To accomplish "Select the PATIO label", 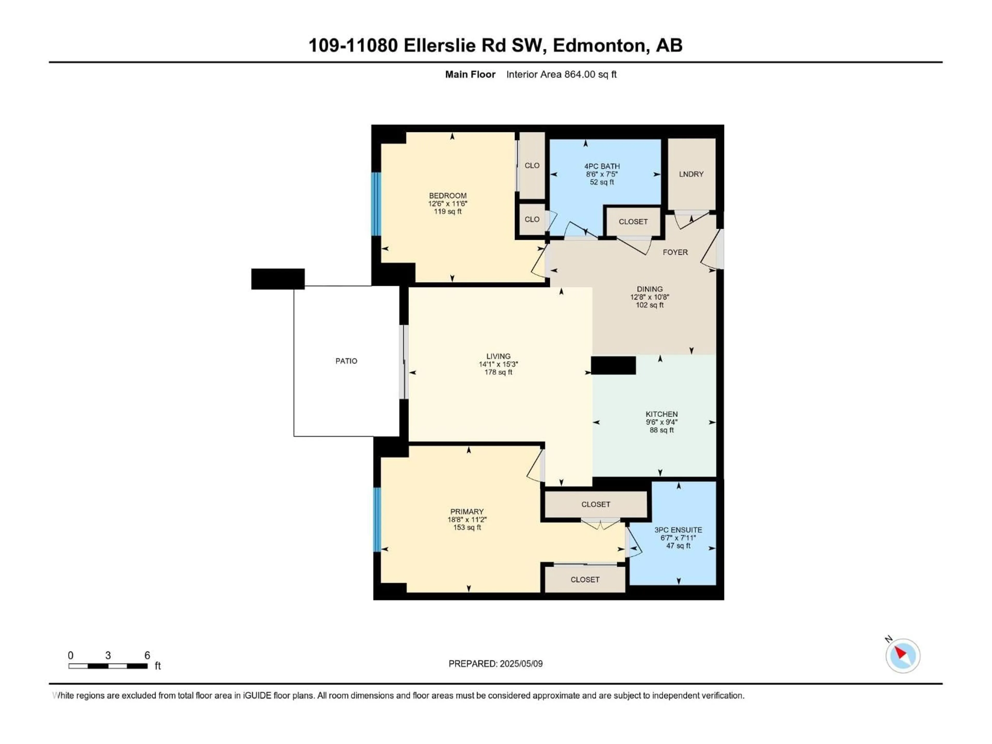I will [346, 361].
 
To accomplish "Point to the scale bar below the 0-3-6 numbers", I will [108, 666].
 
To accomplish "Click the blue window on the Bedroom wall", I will [376, 204].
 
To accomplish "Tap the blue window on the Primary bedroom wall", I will [377, 519].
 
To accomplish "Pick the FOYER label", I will [675, 252].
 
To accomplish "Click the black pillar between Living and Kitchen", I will [613, 366].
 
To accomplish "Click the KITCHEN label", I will [662, 414].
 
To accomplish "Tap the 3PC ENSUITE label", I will [678, 530].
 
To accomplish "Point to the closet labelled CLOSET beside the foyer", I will [633, 222].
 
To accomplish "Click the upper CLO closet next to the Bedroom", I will [532, 166].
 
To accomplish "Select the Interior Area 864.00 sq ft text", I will [561, 74].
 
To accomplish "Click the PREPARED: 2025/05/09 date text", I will [495, 664].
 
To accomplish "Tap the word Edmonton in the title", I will [599, 45].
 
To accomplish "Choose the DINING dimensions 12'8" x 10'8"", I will [649, 297].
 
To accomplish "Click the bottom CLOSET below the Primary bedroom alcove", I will [585, 579].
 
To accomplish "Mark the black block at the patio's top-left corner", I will [278, 279].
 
